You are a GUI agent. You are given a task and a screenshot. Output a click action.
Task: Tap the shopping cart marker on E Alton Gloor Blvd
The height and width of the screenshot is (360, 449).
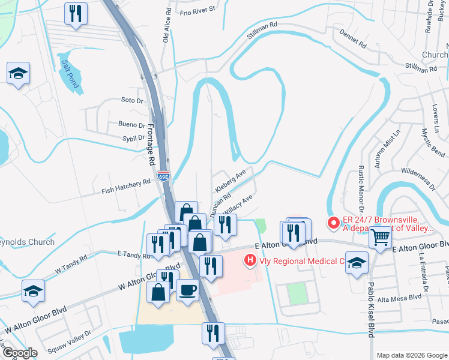[x=381, y=238]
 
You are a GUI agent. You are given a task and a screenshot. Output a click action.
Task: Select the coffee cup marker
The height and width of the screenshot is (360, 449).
[x=187, y=289]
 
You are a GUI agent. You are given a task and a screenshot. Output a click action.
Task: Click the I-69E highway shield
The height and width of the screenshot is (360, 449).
[x=163, y=175]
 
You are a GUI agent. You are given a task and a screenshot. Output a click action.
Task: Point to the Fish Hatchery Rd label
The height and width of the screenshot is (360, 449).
[x=126, y=187]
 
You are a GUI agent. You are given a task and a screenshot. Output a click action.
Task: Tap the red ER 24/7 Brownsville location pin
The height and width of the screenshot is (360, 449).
[x=334, y=223]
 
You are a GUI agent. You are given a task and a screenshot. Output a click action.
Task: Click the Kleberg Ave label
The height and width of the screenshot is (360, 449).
[x=231, y=180]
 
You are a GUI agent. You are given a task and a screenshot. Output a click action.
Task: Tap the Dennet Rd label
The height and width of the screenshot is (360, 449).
[x=352, y=40]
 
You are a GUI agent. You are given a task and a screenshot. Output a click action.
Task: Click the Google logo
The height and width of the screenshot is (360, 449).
[x=20, y=353]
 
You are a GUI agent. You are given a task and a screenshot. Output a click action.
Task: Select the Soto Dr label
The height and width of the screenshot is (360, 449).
[x=132, y=100]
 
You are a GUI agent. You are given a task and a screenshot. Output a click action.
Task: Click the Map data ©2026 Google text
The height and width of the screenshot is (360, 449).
[x=411, y=355]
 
